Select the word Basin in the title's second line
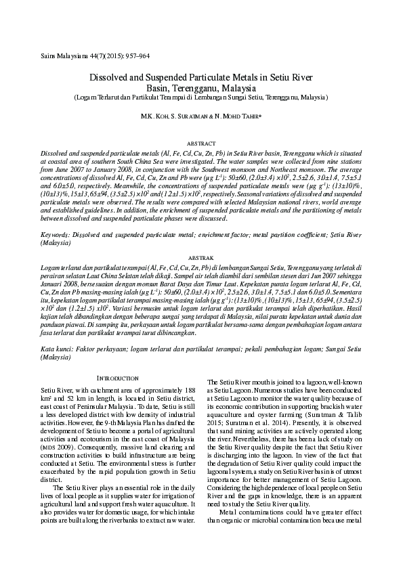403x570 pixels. (x=159, y=88)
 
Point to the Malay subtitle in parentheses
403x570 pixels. (x=201, y=97)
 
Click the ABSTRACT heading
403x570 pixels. (x=201, y=144)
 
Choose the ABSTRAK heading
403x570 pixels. (x=201, y=258)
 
